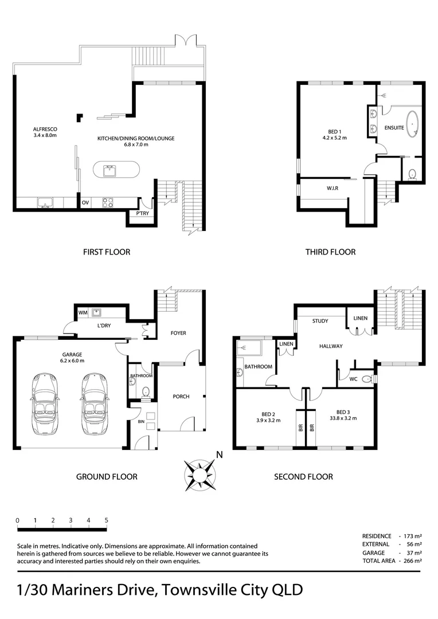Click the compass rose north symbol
tap(200, 475)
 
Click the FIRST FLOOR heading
tap(106, 252)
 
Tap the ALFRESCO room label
tap(45, 130)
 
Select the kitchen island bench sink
tap(108, 170)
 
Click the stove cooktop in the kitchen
tap(108, 202)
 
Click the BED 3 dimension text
tap(343, 418)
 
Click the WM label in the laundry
tap(83, 312)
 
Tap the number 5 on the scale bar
tap(106, 520)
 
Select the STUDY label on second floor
tap(320, 321)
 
